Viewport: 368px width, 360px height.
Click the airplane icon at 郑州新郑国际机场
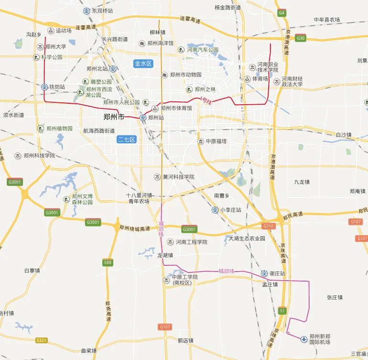tap(304, 339)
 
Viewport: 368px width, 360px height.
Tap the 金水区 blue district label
tap(143, 63)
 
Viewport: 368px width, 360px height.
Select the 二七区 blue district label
tap(127, 140)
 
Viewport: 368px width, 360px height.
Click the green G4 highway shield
tap(282, 12)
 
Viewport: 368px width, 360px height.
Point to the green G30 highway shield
tap(301, 38)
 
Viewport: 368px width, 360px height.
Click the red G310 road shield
tap(269, 226)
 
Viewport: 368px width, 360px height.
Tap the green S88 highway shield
tap(108, 262)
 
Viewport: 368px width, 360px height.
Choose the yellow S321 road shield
tap(42, 340)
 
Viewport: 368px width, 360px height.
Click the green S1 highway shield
tap(282, 311)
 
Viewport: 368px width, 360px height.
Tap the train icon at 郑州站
tap(143, 117)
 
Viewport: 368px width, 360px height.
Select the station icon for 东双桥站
tap(87, 10)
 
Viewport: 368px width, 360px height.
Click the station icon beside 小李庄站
tap(215, 209)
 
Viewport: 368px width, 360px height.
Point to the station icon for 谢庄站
tap(264, 273)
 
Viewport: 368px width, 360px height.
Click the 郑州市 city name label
tap(114, 117)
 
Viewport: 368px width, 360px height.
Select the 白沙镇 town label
tap(344, 135)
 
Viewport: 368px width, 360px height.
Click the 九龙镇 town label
tap(302, 182)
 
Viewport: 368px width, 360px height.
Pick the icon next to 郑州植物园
tap(41, 128)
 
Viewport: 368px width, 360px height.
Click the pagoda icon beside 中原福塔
tap(201, 141)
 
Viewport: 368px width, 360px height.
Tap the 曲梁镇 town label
tap(88, 350)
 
